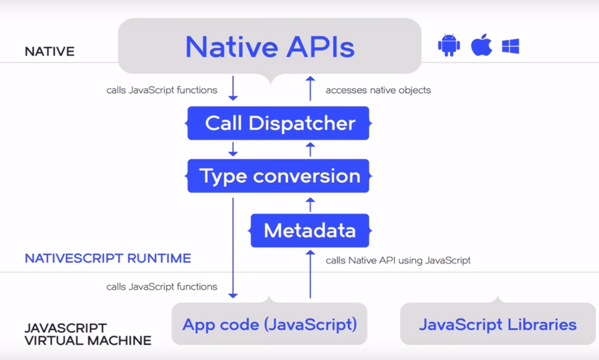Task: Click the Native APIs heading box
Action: (270, 46)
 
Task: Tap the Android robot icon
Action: (449, 45)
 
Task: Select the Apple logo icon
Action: (481, 45)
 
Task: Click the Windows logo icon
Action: (511, 46)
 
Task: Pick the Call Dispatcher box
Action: (278, 123)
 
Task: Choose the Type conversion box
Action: (278, 176)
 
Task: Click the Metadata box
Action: (309, 230)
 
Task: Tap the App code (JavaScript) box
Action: (269, 324)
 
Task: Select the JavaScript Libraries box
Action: (497, 324)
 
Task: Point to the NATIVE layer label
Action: (50, 52)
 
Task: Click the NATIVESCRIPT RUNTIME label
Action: (108, 258)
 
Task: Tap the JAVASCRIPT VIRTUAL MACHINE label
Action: (88, 334)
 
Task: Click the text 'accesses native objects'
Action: (378, 90)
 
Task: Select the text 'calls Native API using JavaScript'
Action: (398, 260)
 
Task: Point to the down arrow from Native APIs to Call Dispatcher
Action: (233, 88)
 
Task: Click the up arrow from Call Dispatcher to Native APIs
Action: (310, 88)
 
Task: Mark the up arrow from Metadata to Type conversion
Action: (310, 204)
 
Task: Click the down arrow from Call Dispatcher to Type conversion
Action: (233, 149)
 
